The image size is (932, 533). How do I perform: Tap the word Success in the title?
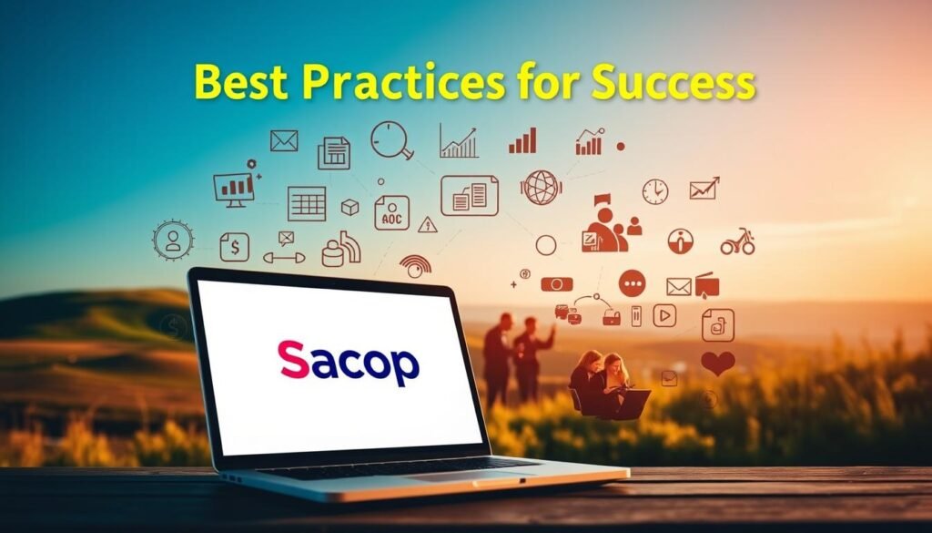coord(673,83)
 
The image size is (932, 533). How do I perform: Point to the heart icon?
coord(717,363)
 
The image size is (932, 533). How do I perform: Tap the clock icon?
coord(654,191)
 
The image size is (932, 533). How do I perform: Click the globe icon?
coord(542,187)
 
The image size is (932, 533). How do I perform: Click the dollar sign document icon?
coord(234,246)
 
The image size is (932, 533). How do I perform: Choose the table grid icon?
coord(307,203)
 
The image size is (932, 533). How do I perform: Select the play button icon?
coord(664,315)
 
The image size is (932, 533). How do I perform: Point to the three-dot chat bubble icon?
coord(632,282)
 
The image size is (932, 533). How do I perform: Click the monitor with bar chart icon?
coord(234,188)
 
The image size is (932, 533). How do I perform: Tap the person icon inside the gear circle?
coord(173,241)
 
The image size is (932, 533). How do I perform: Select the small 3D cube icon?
coord(349,208)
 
